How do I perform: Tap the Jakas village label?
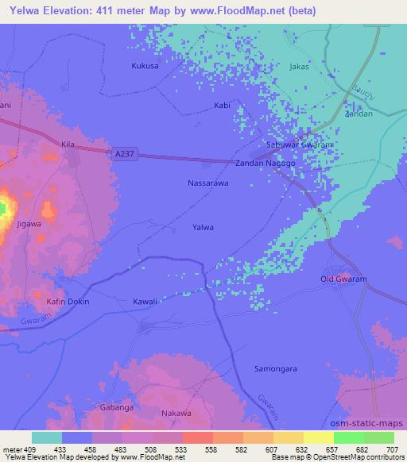click(x=299, y=67)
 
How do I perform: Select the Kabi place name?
click(x=222, y=105)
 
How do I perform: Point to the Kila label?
click(x=68, y=144)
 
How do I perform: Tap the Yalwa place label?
click(x=203, y=227)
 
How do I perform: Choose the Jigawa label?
click(x=29, y=224)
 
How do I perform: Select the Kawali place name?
click(x=145, y=302)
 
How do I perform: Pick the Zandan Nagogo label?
click(x=265, y=163)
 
